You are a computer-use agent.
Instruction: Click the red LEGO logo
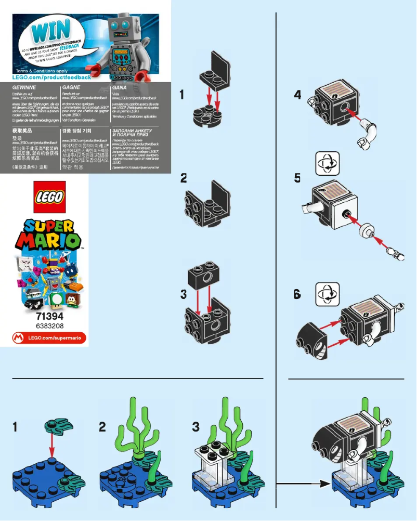pyautogui.click(x=49, y=197)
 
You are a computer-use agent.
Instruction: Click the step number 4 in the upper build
pyautogui.click(x=297, y=95)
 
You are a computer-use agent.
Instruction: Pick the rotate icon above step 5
pyautogui.click(x=328, y=163)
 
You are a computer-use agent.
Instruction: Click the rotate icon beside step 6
pyautogui.click(x=328, y=293)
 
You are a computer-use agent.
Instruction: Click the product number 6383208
pyautogui.click(x=49, y=325)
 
